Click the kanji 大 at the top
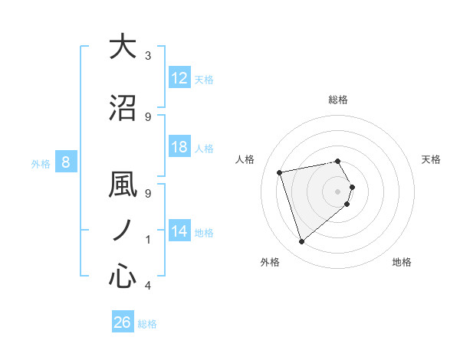tap(123, 47)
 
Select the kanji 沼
tap(123, 108)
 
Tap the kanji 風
tap(123, 185)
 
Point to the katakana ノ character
tap(123, 230)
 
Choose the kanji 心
tap(123, 277)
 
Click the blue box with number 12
tap(179, 78)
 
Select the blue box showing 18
tap(179, 148)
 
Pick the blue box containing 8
tap(66, 162)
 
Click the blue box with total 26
tap(123, 322)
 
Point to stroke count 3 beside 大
tap(148, 56)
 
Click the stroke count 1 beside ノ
tap(148, 240)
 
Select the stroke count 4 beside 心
tap(148, 286)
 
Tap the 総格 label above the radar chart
tap(338, 100)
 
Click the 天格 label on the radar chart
tap(432, 159)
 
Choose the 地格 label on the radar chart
tap(402, 262)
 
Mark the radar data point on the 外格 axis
tap(301, 242)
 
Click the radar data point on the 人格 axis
tap(280, 172)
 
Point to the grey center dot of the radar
tap(338, 191)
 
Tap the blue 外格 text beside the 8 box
tap(40, 162)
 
